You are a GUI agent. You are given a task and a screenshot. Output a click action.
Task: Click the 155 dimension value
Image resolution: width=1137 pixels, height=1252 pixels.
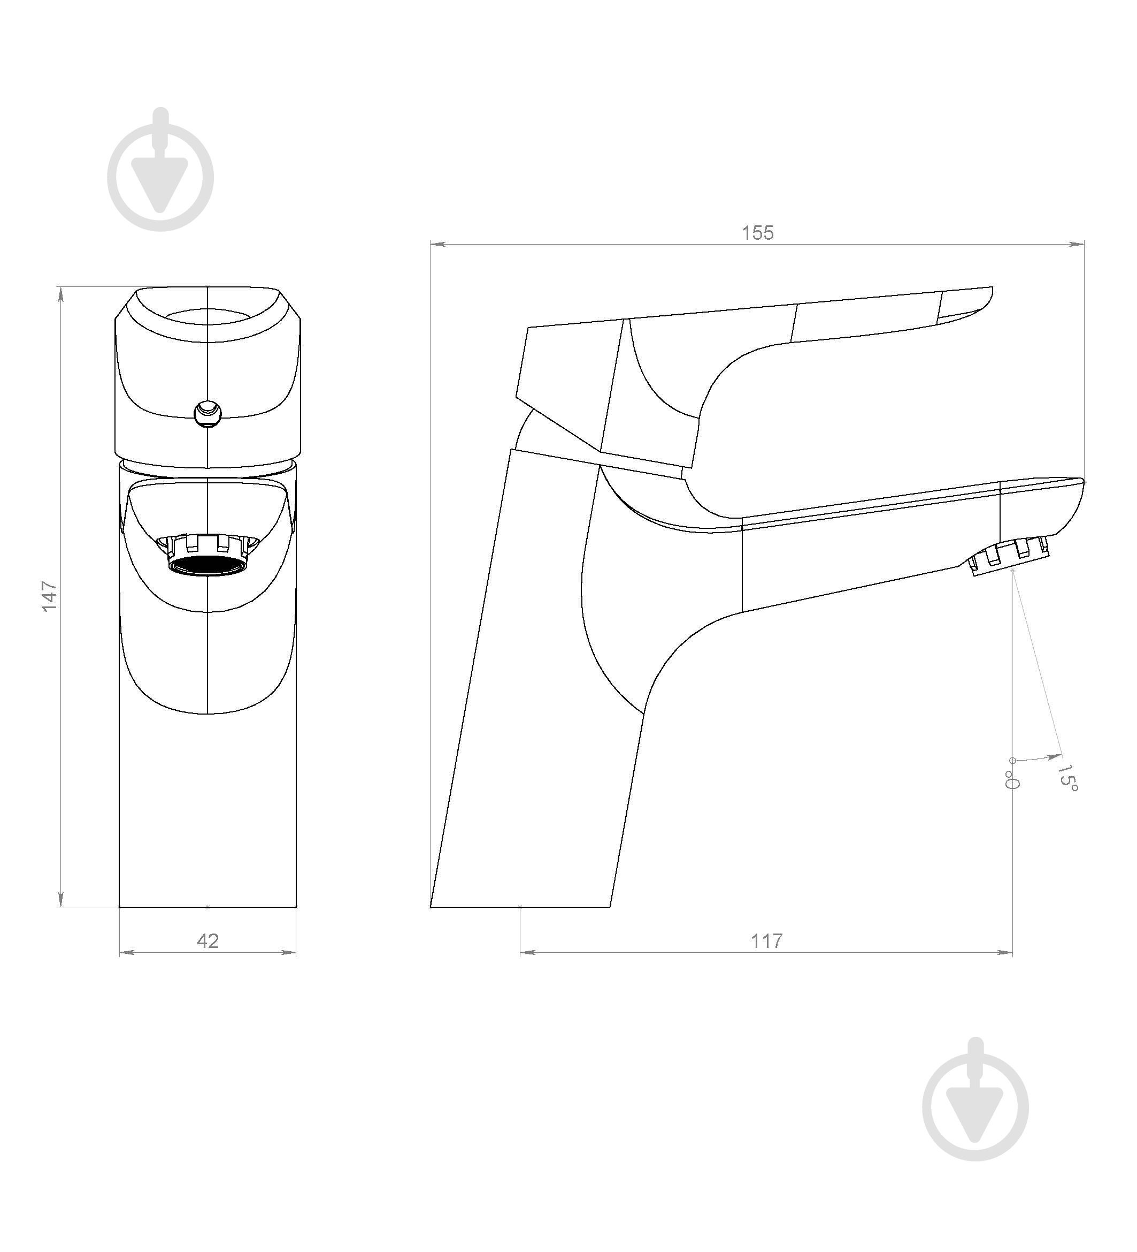pyautogui.click(x=758, y=233)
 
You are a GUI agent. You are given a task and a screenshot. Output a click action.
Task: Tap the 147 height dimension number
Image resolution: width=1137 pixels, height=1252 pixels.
pyautogui.click(x=49, y=596)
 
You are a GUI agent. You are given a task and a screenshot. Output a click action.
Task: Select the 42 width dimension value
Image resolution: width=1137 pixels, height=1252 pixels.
pyautogui.click(x=208, y=941)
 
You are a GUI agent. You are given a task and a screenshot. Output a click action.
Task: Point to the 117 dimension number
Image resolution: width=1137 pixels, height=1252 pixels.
pyautogui.click(x=766, y=941)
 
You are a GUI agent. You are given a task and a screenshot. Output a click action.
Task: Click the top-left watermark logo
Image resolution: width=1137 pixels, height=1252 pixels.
pyautogui.click(x=161, y=170)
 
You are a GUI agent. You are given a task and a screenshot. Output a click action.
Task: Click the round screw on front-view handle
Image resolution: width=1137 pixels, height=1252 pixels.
pyautogui.click(x=208, y=413)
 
